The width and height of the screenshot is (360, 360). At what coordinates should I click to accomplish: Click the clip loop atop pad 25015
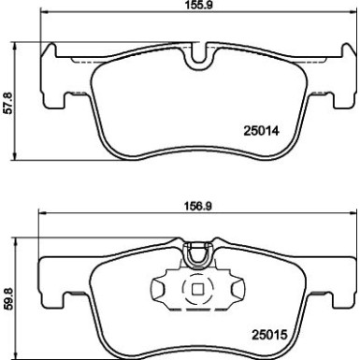point(196,250)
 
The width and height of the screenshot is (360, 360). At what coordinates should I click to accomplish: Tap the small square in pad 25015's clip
point(197,288)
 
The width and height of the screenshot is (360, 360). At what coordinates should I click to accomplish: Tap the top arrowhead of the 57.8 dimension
point(21,44)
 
